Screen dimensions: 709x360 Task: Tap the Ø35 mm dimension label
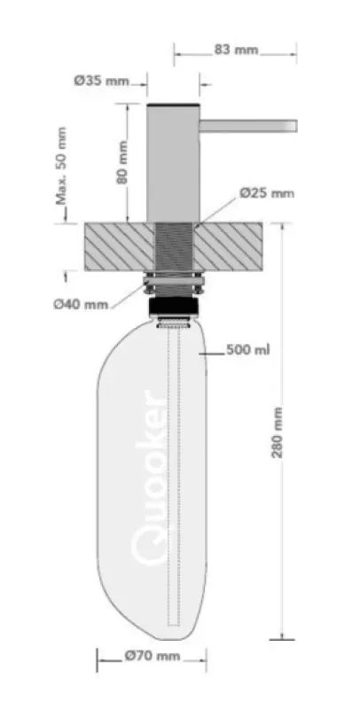(x=100, y=81)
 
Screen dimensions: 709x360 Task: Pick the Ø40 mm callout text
(x=80, y=305)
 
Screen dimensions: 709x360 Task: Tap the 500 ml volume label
(x=248, y=349)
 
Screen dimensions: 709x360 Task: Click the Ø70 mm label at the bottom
(x=153, y=657)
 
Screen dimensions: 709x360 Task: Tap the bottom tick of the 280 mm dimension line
(x=282, y=637)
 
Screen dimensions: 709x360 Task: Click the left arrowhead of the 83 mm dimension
(x=177, y=51)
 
